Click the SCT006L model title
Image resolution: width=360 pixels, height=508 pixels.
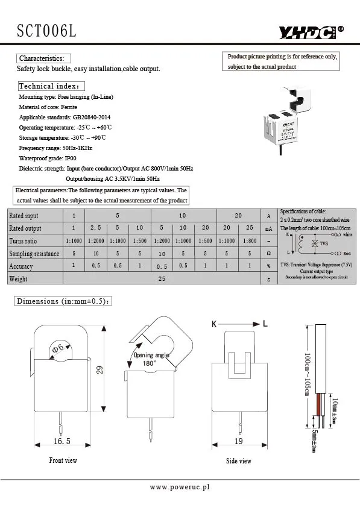47,31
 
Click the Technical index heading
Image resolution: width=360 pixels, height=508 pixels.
52,86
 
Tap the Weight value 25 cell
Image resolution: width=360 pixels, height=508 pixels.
162,279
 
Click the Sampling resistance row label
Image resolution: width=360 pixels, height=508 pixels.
34,254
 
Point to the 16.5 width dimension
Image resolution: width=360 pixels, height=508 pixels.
62,441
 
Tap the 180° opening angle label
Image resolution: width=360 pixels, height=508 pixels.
149,364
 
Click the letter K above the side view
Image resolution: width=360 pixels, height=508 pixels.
213,324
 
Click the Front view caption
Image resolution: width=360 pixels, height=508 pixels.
63,460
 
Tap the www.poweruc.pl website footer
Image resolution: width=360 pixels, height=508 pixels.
179,487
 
